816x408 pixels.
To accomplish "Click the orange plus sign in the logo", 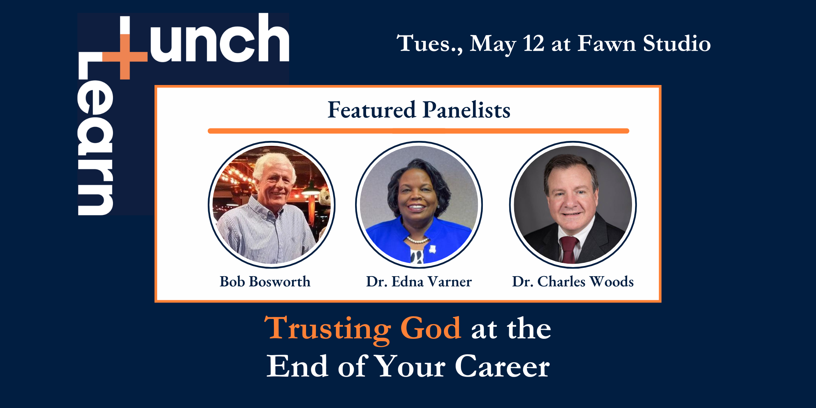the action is pyautogui.click(x=125, y=57).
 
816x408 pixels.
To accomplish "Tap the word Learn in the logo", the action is pyautogui.click(x=95, y=134).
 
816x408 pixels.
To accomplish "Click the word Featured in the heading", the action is pyautogui.click(x=372, y=110).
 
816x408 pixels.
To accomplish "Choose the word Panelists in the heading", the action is pyautogui.click(x=467, y=110).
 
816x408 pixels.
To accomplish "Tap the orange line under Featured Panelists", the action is pyautogui.click(x=419, y=131).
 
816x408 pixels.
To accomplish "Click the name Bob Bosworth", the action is pyautogui.click(x=265, y=281).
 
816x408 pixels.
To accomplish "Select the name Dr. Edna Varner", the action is pyautogui.click(x=419, y=281).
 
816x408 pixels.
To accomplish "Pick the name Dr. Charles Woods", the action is pyautogui.click(x=573, y=281).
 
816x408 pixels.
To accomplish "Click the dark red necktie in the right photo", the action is pyautogui.click(x=569, y=249).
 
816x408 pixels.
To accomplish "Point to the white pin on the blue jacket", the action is pyautogui.click(x=432, y=249).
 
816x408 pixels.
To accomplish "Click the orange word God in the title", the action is pyautogui.click(x=431, y=328).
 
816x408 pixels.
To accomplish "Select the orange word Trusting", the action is pyautogui.click(x=328, y=330).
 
